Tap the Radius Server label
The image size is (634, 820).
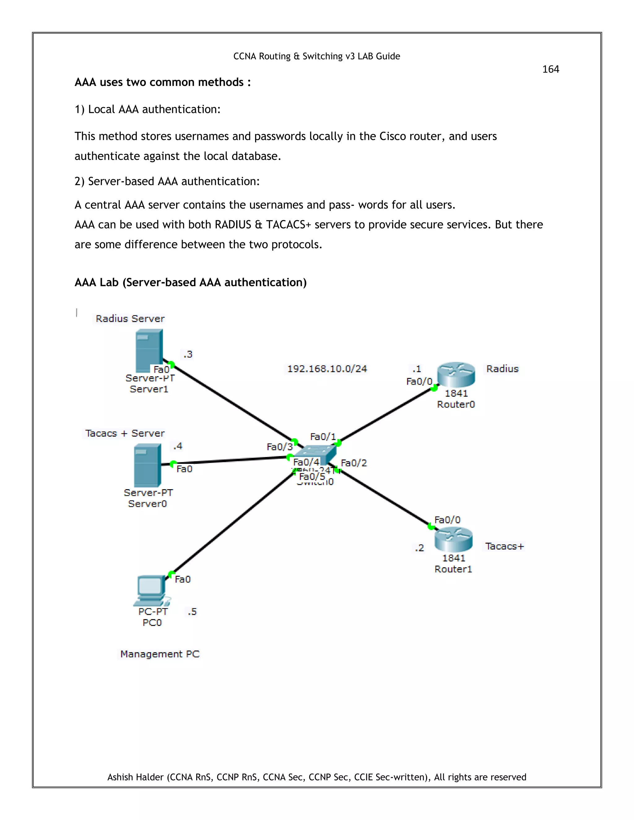tap(130, 318)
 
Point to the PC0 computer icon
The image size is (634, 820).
tap(151, 590)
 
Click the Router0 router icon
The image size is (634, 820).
tap(456, 374)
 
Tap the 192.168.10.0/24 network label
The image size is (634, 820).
tap(327, 369)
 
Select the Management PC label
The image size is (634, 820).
tap(160, 654)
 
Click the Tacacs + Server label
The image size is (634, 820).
tap(125, 433)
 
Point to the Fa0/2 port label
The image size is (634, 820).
tap(354, 463)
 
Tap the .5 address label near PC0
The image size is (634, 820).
tap(192, 612)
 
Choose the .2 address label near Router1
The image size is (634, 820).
tap(419, 548)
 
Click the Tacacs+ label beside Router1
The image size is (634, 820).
tap(504, 546)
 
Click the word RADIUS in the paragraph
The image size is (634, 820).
tap(232, 225)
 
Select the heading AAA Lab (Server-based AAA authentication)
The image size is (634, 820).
tap(190, 282)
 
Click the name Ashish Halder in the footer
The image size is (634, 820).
tap(136, 777)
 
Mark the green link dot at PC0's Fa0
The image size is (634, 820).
tap(171, 574)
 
